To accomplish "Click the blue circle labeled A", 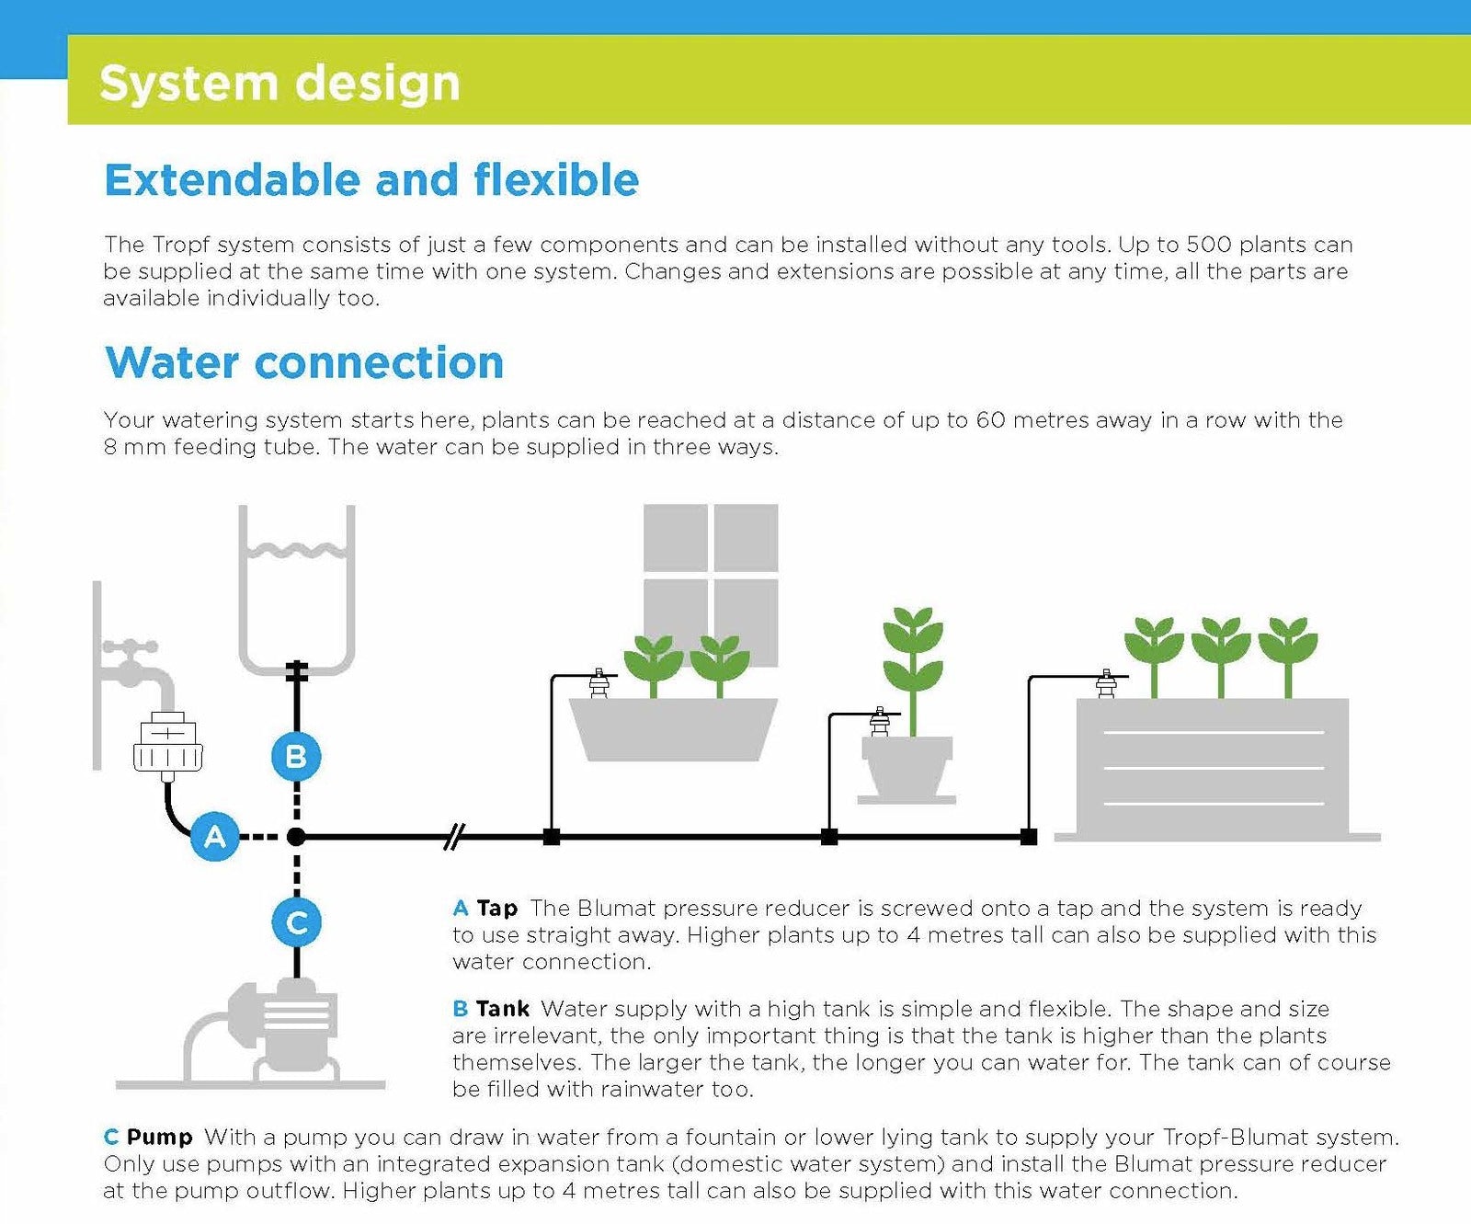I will click(x=214, y=837).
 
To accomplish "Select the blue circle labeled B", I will click(x=296, y=756).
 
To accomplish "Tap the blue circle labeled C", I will click(x=296, y=922).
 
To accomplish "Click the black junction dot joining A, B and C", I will click(x=296, y=837).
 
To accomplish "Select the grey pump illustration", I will click(x=276, y=1030).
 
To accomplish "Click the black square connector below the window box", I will click(x=552, y=837).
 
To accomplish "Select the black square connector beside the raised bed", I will click(x=1029, y=837).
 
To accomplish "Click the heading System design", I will click(x=279, y=83).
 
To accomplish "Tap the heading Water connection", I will click(x=304, y=362).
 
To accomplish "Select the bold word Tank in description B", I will click(x=502, y=1009).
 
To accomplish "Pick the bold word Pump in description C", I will click(x=159, y=1137).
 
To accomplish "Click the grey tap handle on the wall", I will click(x=130, y=647).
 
